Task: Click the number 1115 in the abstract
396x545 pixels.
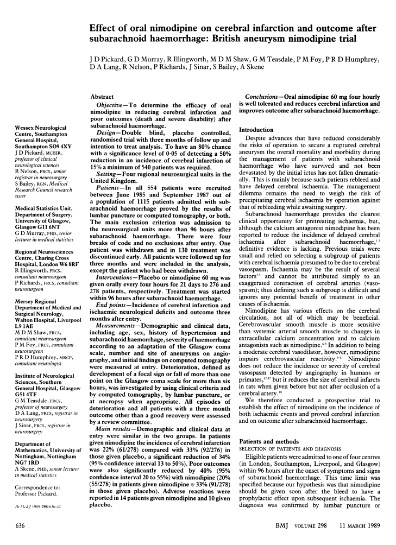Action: pyautogui.click(x=146, y=188)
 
